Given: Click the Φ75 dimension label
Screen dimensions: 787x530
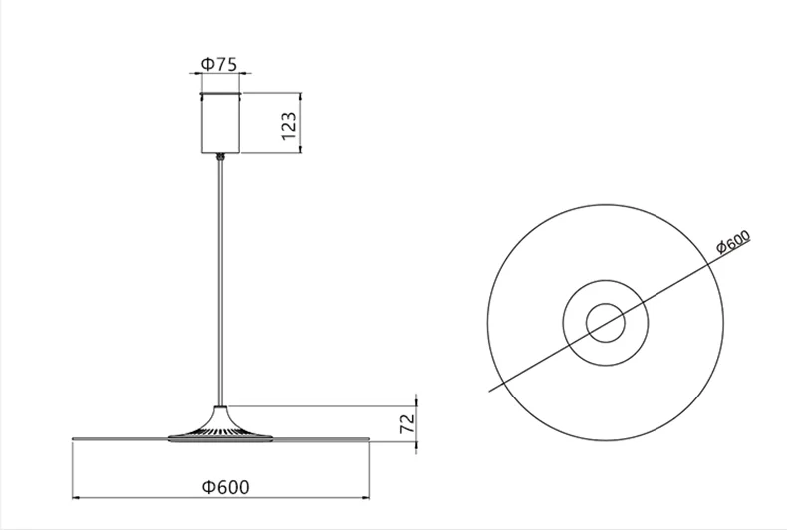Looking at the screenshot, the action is (x=219, y=64).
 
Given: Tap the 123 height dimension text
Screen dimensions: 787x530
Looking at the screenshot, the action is (x=289, y=127).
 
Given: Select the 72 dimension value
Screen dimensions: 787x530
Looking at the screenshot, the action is (x=408, y=423).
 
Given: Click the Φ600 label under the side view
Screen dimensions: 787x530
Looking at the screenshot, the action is (x=225, y=487).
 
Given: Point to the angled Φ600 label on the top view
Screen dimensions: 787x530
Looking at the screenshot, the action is (x=733, y=242).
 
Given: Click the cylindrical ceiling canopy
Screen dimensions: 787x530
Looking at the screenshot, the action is (x=221, y=123).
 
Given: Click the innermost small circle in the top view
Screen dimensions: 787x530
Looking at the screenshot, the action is (x=606, y=304).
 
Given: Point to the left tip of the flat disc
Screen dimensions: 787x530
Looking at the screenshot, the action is (x=73, y=438).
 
